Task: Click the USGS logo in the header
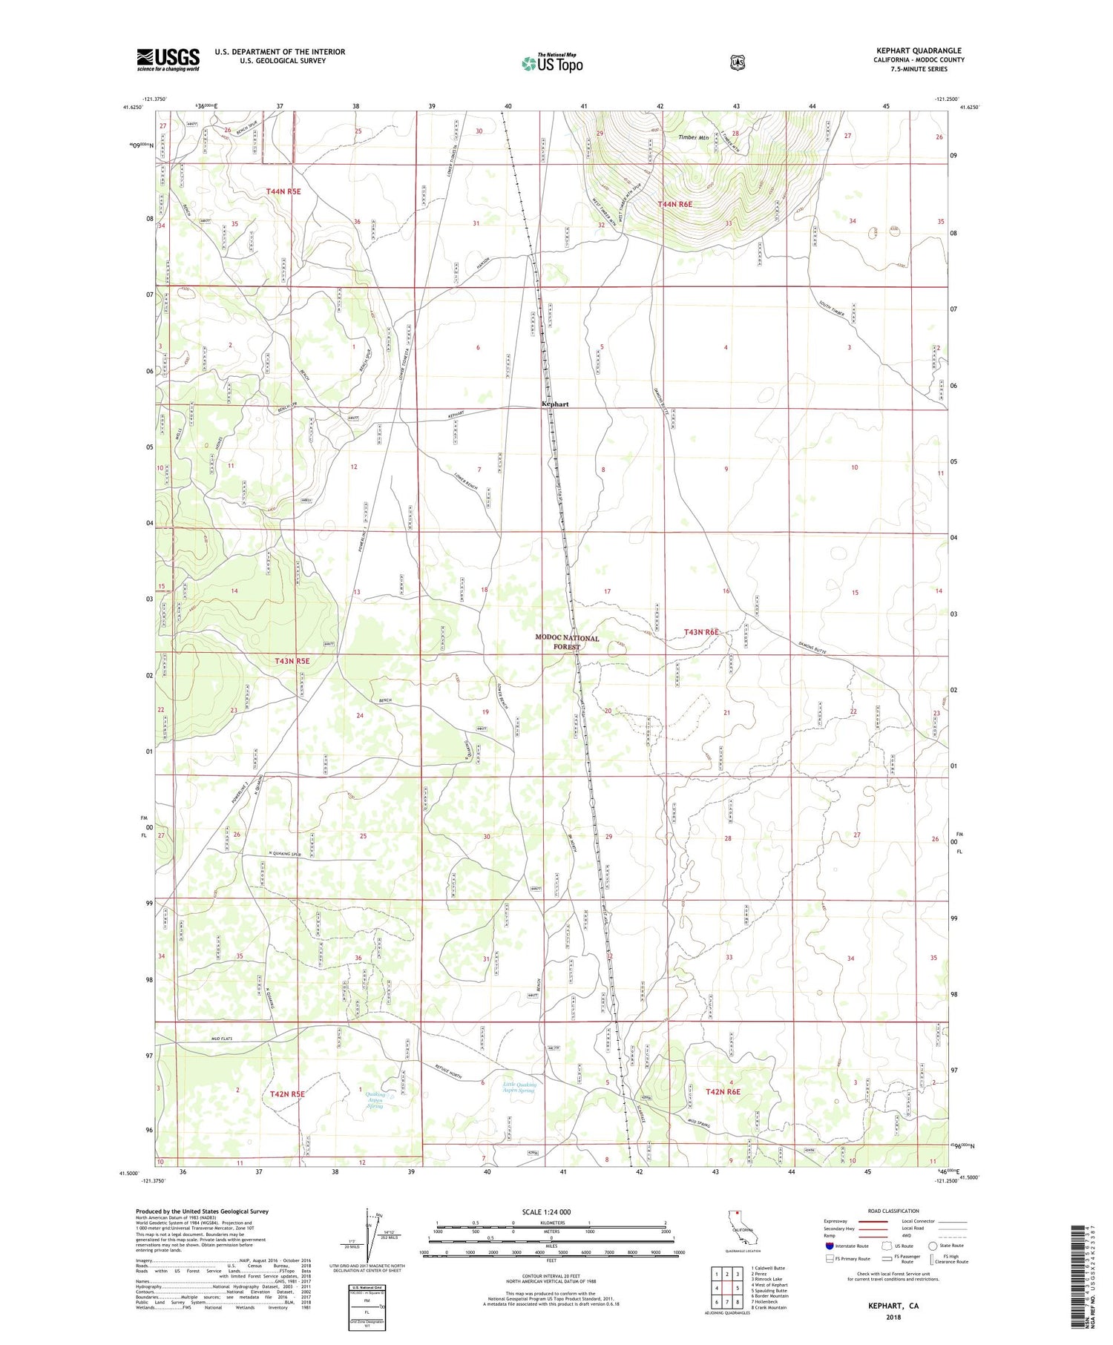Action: click(x=168, y=59)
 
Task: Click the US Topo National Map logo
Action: click(x=552, y=62)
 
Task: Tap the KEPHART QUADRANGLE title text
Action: click(x=918, y=50)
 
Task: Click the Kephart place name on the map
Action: click(x=555, y=404)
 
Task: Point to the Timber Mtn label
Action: click(x=694, y=137)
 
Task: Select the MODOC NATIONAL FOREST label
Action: click(x=567, y=642)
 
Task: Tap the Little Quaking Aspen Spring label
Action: click(x=519, y=1088)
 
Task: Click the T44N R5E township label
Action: click(x=283, y=191)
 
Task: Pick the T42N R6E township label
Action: click(x=723, y=1092)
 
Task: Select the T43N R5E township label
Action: click(x=292, y=660)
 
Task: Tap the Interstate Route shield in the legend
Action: click(x=829, y=1246)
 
